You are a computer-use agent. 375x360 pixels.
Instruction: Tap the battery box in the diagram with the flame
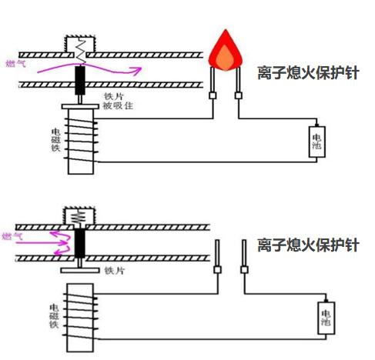click(316, 141)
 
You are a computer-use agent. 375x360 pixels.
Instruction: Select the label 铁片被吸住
click(119, 102)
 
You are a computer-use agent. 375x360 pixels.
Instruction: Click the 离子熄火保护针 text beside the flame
click(308, 74)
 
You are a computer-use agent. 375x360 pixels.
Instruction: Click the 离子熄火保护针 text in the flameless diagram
click(308, 245)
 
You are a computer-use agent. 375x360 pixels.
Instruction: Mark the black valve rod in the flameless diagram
click(79, 247)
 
